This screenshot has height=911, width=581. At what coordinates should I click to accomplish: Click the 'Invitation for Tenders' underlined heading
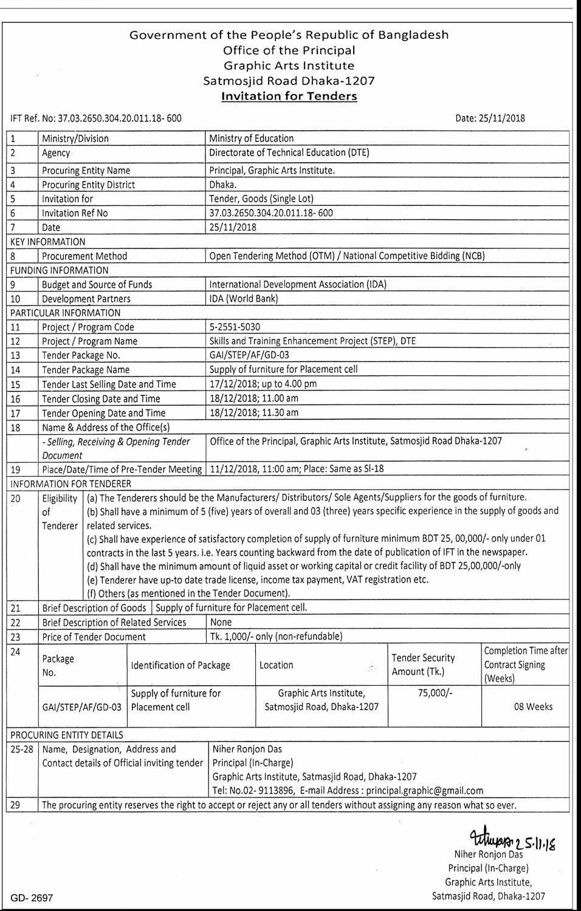point(289,96)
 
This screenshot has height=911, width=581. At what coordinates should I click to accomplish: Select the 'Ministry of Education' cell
point(251,138)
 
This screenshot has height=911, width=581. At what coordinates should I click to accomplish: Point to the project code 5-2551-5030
point(235,327)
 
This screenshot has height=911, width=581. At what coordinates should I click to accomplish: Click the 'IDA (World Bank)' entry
point(243,299)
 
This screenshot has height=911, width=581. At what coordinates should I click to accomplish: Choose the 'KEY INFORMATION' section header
point(48,242)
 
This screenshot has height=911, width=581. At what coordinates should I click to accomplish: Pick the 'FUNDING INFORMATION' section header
point(60,270)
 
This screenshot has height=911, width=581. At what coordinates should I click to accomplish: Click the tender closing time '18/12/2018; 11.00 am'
point(254,398)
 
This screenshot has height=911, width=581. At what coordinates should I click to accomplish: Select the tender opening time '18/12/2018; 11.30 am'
point(254,413)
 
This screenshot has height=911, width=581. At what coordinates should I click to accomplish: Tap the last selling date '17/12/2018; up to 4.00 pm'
point(263,384)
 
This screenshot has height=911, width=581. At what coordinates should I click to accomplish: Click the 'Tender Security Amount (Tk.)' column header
point(423,664)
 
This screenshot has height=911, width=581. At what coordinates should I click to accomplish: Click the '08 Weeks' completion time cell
point(533,706)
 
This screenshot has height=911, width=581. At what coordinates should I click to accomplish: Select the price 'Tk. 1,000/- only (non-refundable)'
point(276,636)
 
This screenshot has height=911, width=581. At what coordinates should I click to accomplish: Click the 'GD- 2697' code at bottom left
point(32,898)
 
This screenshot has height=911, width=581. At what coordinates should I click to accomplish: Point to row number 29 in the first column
point(16,805)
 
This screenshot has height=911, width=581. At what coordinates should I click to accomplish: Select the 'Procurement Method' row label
point(84,256)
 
